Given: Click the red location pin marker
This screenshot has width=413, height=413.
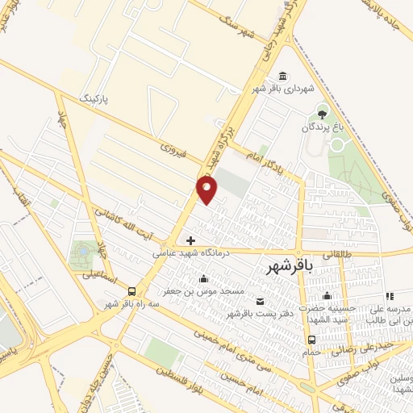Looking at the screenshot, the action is pos(207,190).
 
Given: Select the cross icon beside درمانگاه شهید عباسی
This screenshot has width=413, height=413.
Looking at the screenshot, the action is pos(190,240).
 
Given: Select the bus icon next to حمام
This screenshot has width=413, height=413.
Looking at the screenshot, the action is pos(311,340).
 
